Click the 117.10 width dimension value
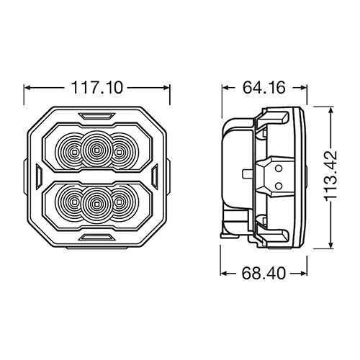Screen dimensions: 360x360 [x=97, y=88]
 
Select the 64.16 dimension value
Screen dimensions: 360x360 [x=264, y=87]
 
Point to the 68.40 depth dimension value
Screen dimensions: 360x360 [x=264, y=273]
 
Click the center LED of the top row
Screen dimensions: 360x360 [x=96, y=150]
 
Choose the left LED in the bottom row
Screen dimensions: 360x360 [x=74, y=203]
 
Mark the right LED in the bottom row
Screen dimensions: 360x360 [x=118, y=203]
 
